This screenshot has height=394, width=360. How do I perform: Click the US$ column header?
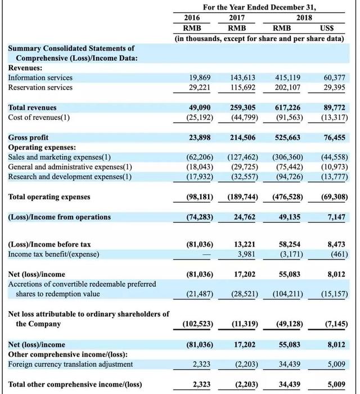point(327,28)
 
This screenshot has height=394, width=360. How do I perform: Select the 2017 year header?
point(237,17)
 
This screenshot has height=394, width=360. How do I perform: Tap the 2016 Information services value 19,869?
point(200,78)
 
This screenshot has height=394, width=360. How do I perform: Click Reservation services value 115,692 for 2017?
point(242,87)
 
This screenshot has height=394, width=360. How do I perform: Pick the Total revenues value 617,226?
point(287,108)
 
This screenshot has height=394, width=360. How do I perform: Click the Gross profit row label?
point(28,137)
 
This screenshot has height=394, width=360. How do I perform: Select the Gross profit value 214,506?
point(243,137)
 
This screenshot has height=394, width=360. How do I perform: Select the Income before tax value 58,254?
point(290,244)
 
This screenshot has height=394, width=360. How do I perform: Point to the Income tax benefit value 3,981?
point(246,254)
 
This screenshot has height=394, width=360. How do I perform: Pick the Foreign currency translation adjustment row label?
point(70,364)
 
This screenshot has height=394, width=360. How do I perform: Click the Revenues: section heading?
point(25,68)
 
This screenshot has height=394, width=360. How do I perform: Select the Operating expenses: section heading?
point(42,147)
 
